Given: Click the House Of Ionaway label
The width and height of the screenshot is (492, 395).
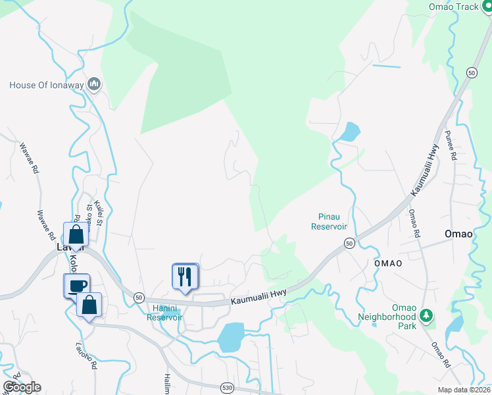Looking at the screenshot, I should tap(47, 84).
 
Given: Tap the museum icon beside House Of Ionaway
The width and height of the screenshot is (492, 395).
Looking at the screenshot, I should tap(94, 84).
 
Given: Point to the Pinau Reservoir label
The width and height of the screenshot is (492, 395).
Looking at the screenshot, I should tap(328, 221).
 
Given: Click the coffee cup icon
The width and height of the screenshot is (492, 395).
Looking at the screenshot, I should tap(77, 286).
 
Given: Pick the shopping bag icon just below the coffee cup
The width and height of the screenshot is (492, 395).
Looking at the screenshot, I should tap(89, 305).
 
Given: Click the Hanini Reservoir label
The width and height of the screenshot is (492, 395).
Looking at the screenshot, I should tap(164, 313).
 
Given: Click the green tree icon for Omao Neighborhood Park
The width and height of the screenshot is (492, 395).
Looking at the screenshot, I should tap(427, 316).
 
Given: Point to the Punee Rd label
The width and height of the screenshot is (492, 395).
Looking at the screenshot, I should tap(452, 146).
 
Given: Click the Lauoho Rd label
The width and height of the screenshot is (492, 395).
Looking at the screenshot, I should tap(89, 355).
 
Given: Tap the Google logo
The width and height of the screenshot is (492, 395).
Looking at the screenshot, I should tap(22, 387).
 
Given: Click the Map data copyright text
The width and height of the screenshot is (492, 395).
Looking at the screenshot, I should tap(464, 390).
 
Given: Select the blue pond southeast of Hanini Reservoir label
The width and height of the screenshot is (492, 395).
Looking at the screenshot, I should tap(230, 337).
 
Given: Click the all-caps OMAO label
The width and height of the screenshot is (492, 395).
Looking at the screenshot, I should tap(388, 263).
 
